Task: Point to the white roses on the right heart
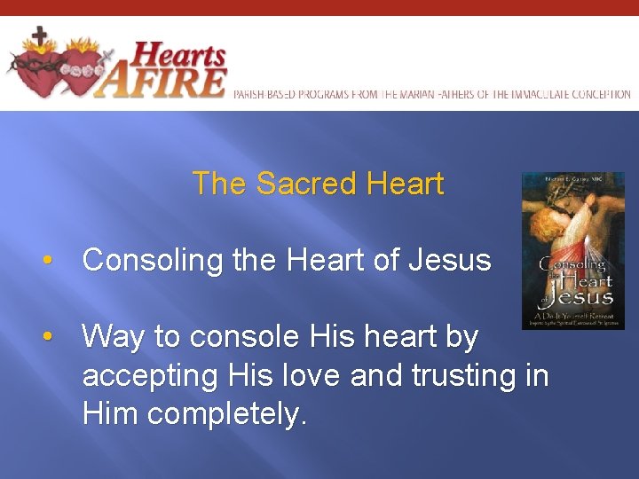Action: (x=81, y=68)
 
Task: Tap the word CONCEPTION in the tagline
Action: (x=600, y=94)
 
